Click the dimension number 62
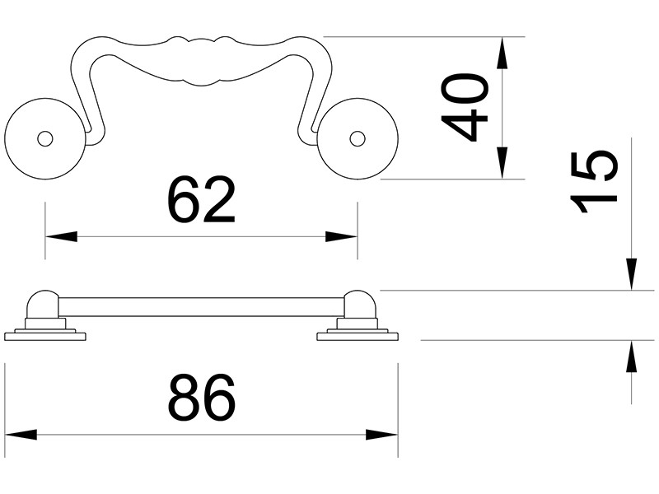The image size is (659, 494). [x=201, y=200]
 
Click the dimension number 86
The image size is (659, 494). [x=201, y=398]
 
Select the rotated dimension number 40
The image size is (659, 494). [x=465, y=107]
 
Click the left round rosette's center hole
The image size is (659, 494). [x=45, y=138]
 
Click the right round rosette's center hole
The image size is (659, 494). [x=357, y=138]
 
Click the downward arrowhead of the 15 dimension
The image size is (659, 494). [x=631, y=275]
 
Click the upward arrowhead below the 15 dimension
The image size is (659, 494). [x=631, y=356]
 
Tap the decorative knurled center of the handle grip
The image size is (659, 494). [x=201, y=60]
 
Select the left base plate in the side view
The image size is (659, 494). [x=45, y=335]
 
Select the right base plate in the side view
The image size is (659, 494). [x=358, y=335]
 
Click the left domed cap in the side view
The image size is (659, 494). [x=43, y=302]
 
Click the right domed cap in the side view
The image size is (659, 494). [x=359, y=302]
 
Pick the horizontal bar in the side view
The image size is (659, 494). [x=201, y=307]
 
